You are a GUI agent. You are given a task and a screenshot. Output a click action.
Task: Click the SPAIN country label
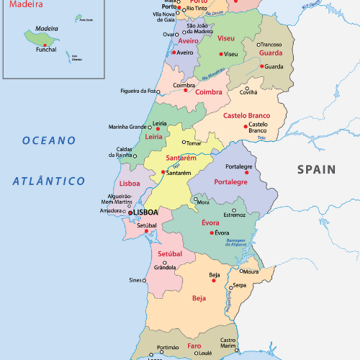[x=317, y=170]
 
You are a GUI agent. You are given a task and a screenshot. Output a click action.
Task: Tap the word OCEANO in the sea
[x=48, y=140]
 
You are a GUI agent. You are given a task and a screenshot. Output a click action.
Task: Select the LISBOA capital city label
[x=145, y=213]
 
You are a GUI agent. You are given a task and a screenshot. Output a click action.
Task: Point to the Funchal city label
[x=45, y=50]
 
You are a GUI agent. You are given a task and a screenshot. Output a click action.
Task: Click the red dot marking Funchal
[x=45, y=44]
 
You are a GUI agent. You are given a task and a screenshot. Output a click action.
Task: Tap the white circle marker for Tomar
[x=184, y=143]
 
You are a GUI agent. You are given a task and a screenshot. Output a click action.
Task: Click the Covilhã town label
[x=248, y=93]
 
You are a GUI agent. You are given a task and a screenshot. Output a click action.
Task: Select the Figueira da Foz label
[x=138, y=91]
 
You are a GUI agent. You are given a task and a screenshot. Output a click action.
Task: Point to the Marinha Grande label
[x=127, y=127]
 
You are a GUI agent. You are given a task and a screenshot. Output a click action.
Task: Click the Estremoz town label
[x=234, y=215]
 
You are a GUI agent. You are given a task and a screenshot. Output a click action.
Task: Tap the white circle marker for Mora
[x=194, y=199]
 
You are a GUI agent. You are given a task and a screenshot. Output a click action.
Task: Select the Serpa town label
[x=239, y=285]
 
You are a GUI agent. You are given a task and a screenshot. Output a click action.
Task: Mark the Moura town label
[x=251, y=272]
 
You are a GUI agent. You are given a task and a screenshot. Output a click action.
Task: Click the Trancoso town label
[x=271, y=45]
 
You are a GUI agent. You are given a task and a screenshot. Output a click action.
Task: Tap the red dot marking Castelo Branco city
[x=246, y=127]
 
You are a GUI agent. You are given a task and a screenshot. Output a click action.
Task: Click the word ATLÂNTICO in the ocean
[x=48, y=181]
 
